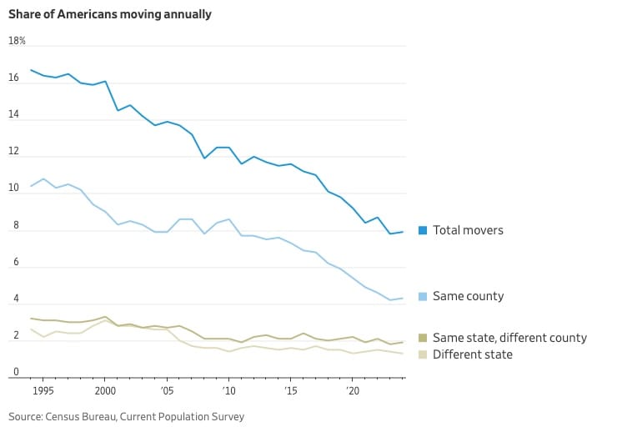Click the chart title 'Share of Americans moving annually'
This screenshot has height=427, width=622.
click(x=109, y=14)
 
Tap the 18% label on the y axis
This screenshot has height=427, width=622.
click(x=17, y=41)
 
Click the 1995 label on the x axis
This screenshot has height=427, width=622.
click(x=43, y=390)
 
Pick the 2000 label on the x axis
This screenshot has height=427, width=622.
click(x=105, y=390)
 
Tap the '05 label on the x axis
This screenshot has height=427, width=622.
click(x=168, y=390)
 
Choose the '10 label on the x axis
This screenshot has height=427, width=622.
click(x=229, y=390)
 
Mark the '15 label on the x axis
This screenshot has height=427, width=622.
click(x=291, y=390)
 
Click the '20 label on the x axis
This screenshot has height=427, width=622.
click(x=353, y=390)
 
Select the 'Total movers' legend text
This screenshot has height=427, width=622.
click(x=468, y=230)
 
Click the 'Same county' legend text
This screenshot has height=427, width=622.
click(x=468, y=296)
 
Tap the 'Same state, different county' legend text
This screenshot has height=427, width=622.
click(x=509, y=338)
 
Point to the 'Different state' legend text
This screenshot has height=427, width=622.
click(x=473, y=354)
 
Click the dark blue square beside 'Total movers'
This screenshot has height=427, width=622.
click(x=423, y=230)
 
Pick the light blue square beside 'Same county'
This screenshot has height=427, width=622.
click(x=423, y=296)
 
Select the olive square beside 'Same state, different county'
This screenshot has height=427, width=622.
click(x=423, y=338)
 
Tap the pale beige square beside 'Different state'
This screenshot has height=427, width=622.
click(x=423, y=354)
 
